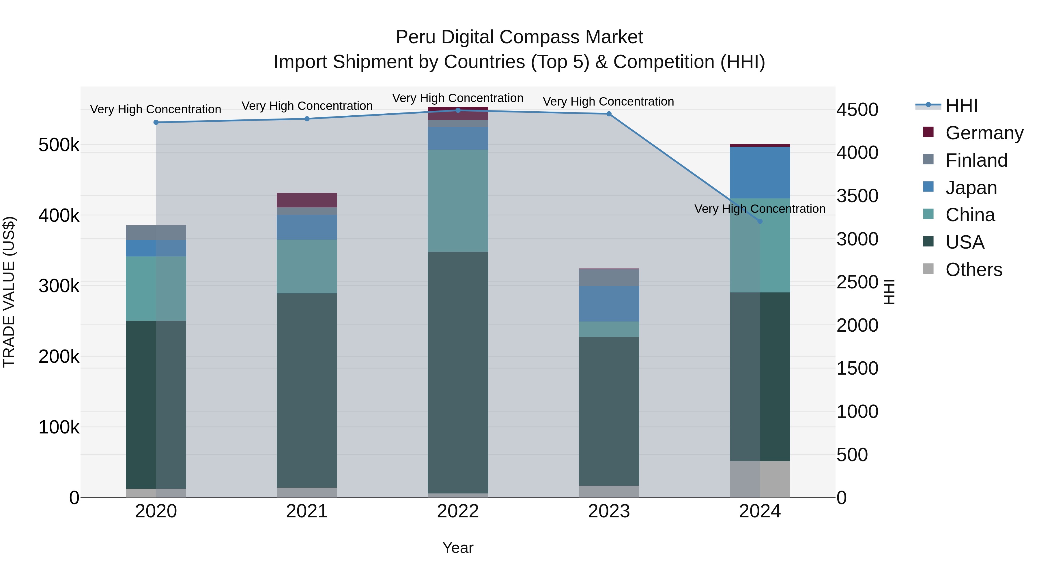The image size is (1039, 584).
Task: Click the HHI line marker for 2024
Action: point(760,221)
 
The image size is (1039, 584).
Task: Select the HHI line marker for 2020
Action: point(156,123)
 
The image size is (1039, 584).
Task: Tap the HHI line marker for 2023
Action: point(609,114)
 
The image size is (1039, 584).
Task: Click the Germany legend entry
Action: point(984,133)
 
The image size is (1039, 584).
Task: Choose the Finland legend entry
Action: point(976,160)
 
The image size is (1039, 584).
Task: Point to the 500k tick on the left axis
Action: point(59,145)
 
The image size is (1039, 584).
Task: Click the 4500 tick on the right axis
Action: point(857,110)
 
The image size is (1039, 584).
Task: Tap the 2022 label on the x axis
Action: point(458,511)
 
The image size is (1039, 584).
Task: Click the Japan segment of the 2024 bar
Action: point(760,172)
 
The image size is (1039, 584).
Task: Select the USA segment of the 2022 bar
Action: point(458,372)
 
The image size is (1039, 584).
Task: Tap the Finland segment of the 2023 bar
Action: point(609,278)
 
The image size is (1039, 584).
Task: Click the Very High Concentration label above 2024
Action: point(760,209)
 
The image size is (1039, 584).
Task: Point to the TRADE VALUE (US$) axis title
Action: point(9,292)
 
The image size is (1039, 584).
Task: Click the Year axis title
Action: point(458,548)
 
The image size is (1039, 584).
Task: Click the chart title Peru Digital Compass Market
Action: point(519,37)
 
